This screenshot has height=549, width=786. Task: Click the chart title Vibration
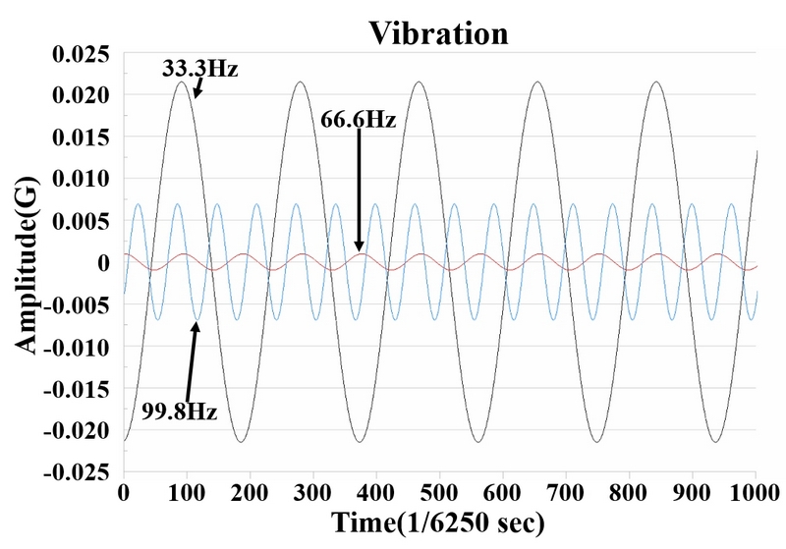pyautogui.click(x=438, y=33)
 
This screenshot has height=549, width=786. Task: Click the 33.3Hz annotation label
pyautogui.click(x=199, y=68)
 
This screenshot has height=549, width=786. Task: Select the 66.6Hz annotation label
pyautogui.click(x=358, y=119)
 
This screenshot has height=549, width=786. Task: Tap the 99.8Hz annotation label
pyautogui.click(x=179, y=412)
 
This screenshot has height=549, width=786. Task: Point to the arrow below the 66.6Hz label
pyautogui.click(x=359, y=190)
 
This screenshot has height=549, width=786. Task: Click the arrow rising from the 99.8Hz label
pyautogui.click(x=192, y=361)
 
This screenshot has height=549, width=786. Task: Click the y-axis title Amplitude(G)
pyautogui.click(x=27, y=264)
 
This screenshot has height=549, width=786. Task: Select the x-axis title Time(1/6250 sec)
pyautogui.click(x=438, y=522)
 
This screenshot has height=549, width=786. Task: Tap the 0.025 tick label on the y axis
pyautogui.click(x=81, y=54)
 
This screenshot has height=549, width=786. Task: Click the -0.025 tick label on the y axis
pyautogui.click(x=77, y=472)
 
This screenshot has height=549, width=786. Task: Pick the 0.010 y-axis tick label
pyautogui.click(x=81, y=179)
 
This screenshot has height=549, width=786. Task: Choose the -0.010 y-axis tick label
pyautogui.click(x=77, y=347)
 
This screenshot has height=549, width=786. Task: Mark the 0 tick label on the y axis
pyautogui.click(x=103, y=263)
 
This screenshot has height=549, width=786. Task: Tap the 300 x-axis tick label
pyautogui.click(x=312, y=493)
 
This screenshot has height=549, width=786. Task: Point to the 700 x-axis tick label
pyautogui.click(x=566, y=493)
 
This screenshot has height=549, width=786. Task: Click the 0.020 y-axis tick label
pyautogui.click(x=81, y=95)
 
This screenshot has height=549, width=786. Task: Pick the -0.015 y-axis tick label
pyautogui.click(x=77, y=389)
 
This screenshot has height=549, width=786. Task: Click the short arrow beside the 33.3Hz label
pyautogui.click(x=198, y=87)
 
